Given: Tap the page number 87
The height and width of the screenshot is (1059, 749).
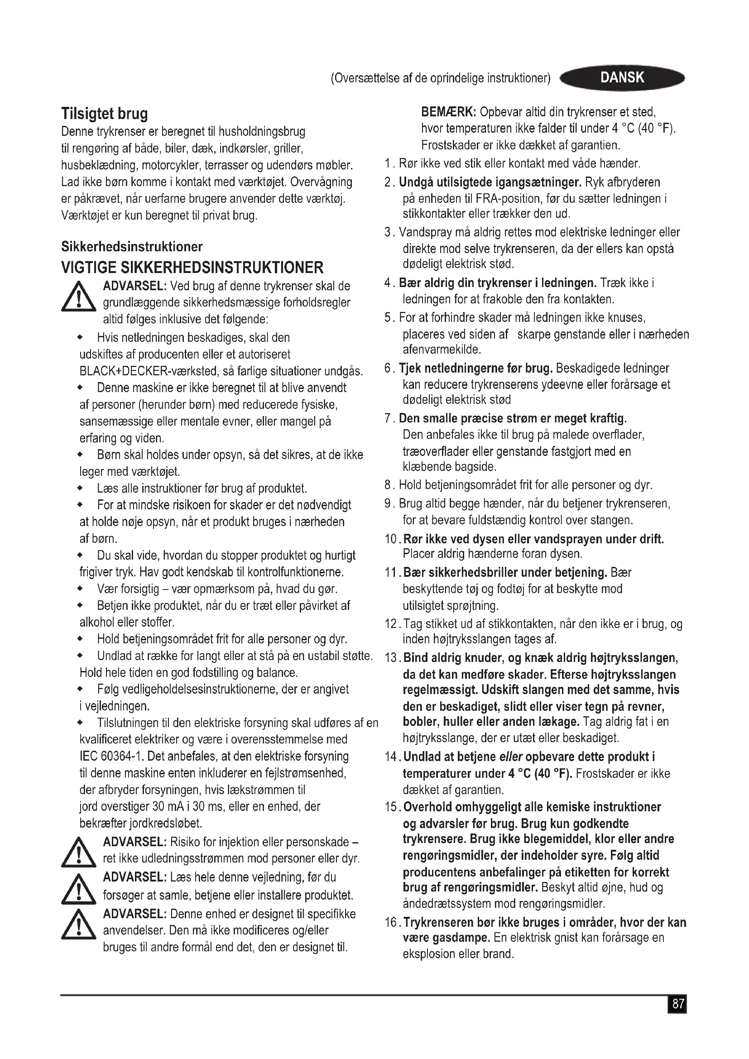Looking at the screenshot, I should (x=677, y=1004).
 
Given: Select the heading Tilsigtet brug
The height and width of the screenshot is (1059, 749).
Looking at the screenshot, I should (x=105, y=114).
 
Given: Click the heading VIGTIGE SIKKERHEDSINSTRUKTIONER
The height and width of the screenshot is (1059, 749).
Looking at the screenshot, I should (x=192, y=268).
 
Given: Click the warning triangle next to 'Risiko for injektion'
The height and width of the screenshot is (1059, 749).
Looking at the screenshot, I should (x=78, y=853).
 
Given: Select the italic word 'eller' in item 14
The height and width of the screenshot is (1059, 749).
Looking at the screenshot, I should (x=510, y=757).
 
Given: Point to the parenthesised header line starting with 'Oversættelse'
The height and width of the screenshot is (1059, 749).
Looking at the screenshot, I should (x=441, y=78).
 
